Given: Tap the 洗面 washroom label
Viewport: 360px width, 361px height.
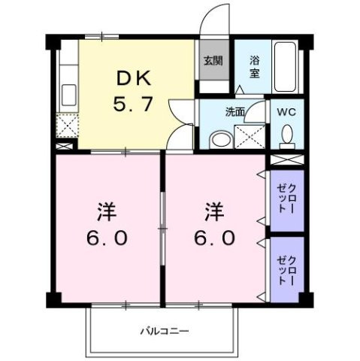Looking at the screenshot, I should pos(234,112).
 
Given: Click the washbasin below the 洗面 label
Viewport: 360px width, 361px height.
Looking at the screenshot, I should pos(219,139).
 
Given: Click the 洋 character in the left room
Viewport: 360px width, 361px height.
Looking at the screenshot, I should pos(104,209).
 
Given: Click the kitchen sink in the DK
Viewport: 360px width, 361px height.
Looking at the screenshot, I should pos(67,96).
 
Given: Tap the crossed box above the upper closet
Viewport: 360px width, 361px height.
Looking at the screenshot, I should pos(286,160).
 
